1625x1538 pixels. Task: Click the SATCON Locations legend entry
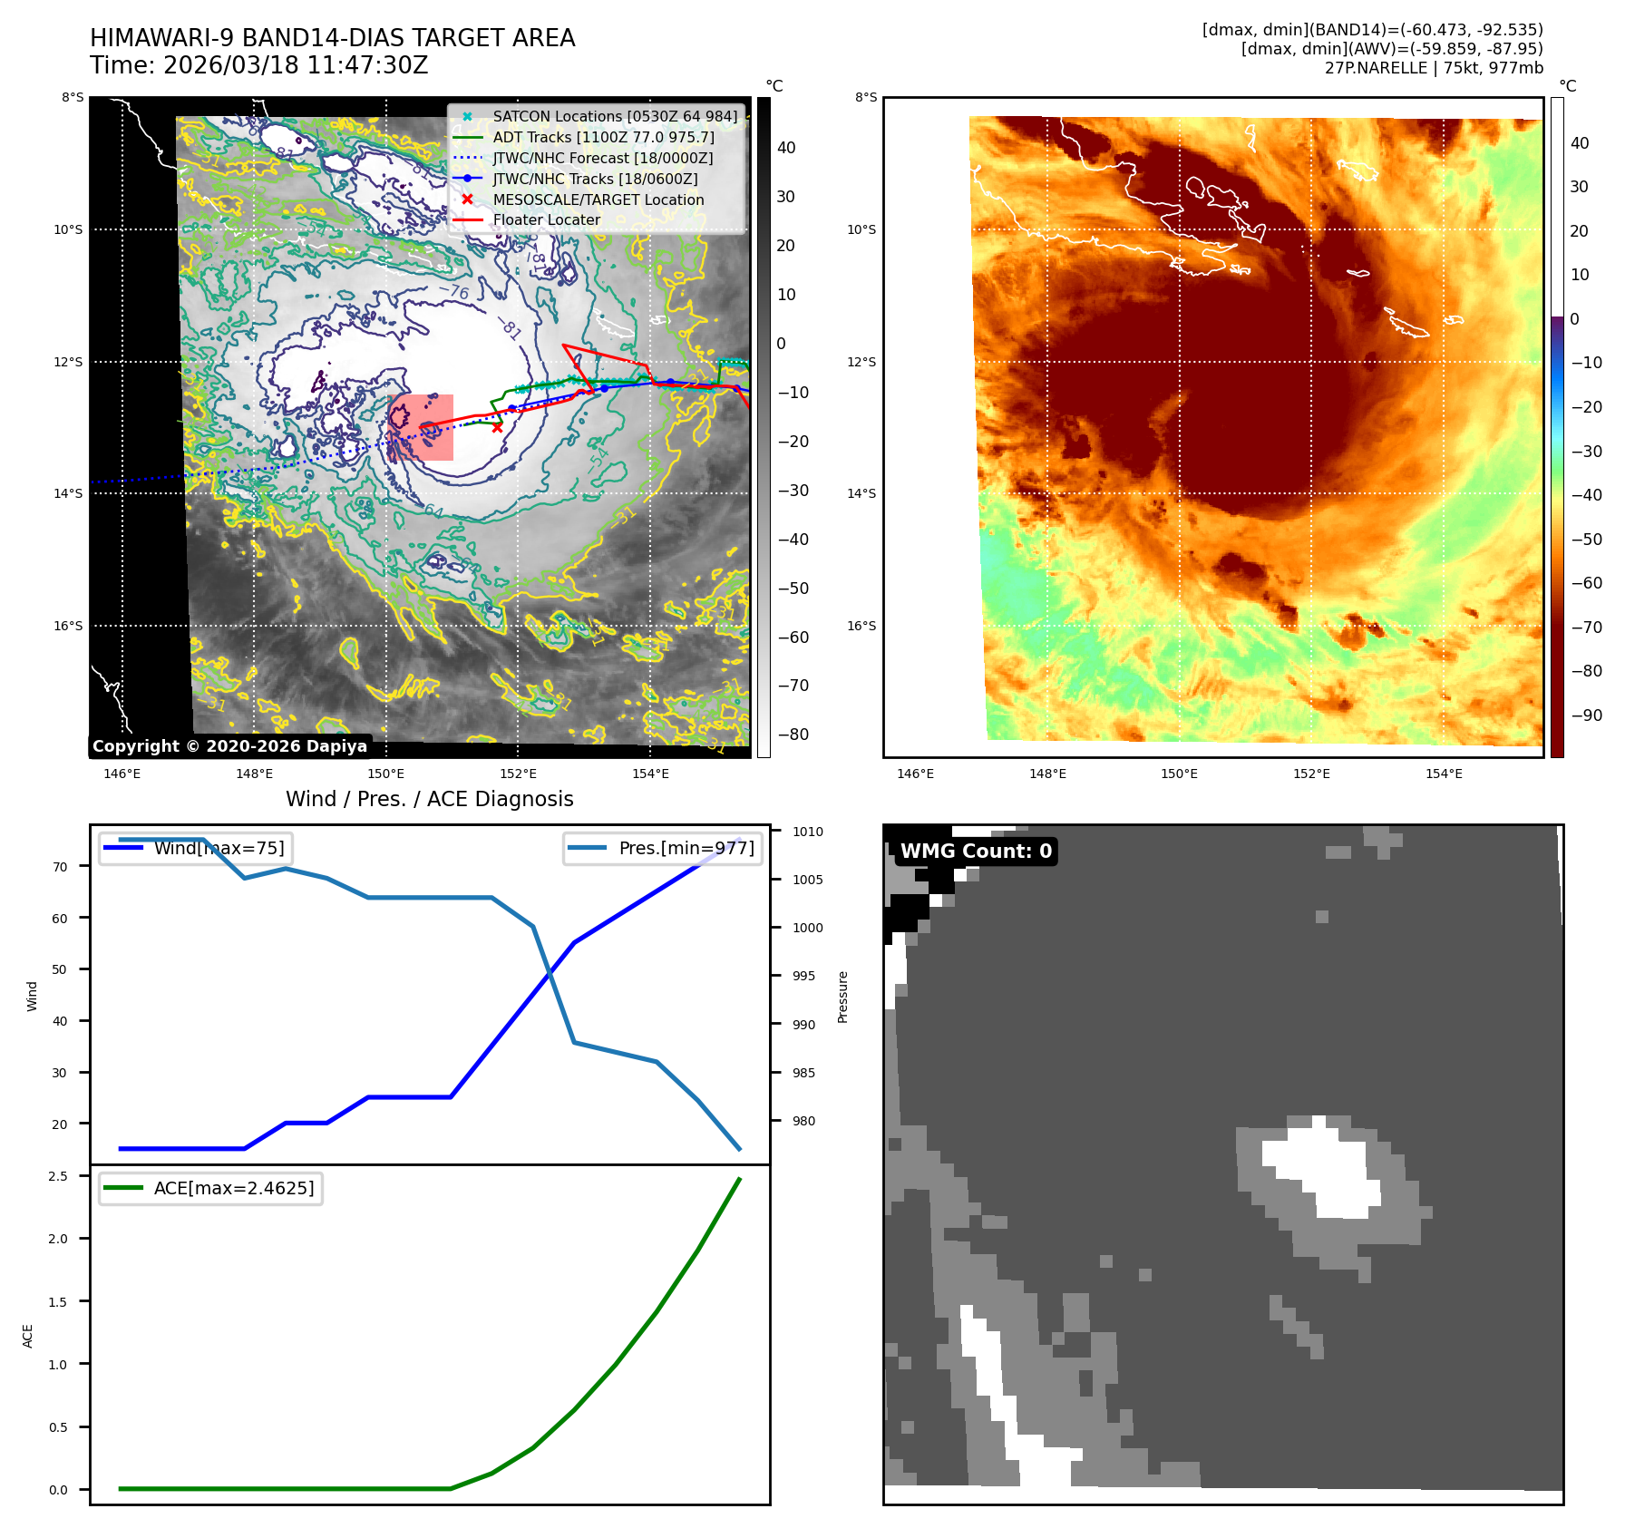(615, 116)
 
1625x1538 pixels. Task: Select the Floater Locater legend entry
(546, 219)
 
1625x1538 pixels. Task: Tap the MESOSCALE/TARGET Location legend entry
(598, 200)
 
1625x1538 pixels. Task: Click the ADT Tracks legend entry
(603, 137)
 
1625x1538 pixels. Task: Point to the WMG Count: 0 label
(976, 851)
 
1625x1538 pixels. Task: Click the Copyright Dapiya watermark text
(229, 746)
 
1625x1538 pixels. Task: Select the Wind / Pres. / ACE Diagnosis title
(429, 799)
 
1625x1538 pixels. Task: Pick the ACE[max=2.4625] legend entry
(233, 1188)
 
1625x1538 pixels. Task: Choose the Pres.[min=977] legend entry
(686, 848)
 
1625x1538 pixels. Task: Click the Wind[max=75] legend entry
(218, 848)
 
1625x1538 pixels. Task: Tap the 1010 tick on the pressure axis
(807, 832)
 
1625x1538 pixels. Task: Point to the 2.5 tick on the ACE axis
(58, 1176)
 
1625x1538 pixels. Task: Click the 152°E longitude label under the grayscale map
(518, 774)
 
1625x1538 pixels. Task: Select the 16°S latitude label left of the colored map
(861, 626)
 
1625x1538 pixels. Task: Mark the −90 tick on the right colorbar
(1586, 715)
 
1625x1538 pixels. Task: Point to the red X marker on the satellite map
(497, 427)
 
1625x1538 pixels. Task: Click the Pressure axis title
(842, 997)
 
